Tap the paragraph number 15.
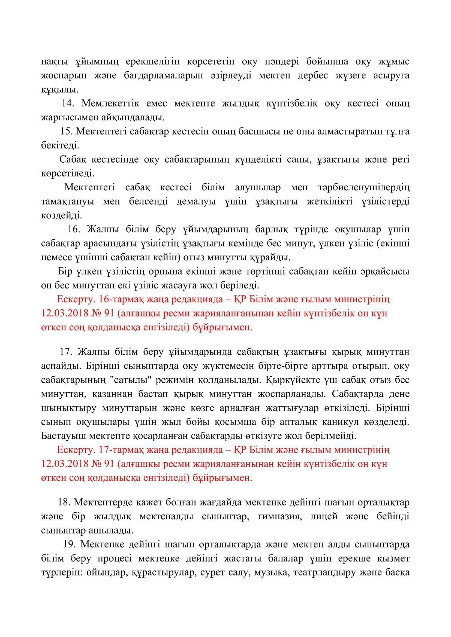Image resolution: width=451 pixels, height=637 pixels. (67, 132)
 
